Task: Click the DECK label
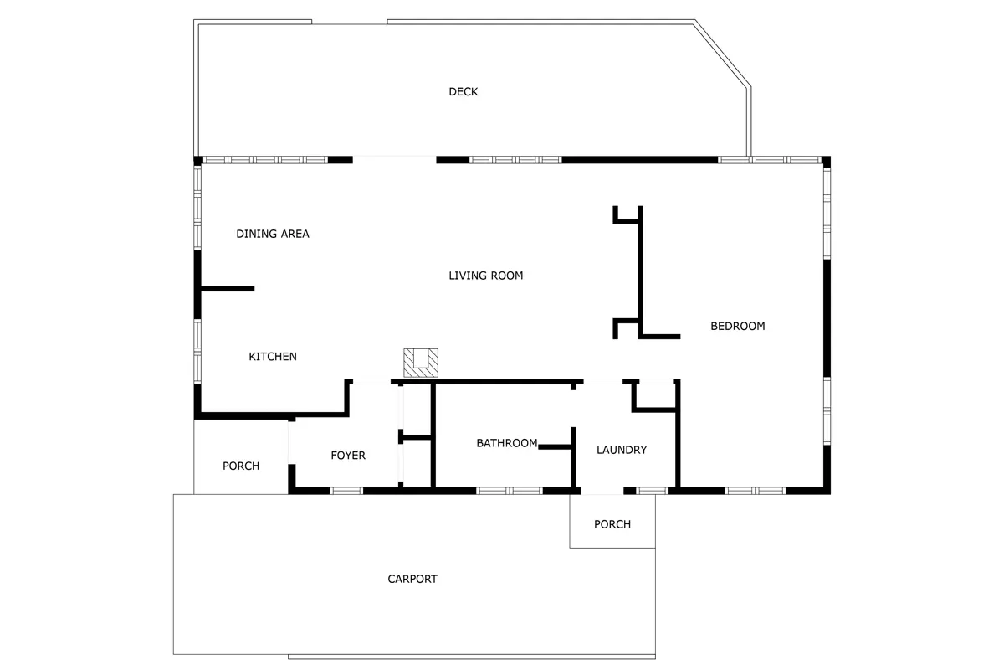pyautogui.click(x=463, y=91)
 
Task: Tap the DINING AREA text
pyautogui.click(x=273, y=234)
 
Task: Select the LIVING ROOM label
pyautogui.click(x=486, y=276)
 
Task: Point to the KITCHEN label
pyautogui.click(x=273, y=356)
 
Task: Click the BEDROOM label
pyautogui.click(x=738, y=327)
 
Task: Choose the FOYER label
pyautogui.click(x=348, y=456)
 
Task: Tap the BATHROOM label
pyautogui.click(x=507, y=443)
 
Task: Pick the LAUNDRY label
pyautogui.click(x=622, y=450)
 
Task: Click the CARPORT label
pyautogui.click(x=412, y=579)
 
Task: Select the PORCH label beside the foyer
pyautogui.click(x=241, y=466)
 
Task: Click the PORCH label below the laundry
pyautogui.click(x=612, y=524)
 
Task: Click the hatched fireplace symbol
pyautogui.click(x=421, y=363)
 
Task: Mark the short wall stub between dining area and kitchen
pyautogui.click(x=228, y=289)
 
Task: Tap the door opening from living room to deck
pyautogui.click(x=394, y=160)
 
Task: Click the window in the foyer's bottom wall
pyautogui.click(x=346, y=491)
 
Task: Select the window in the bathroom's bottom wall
pyautogui.click(x=510, y=491)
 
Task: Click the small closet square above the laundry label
pyautogui.click(x=655, y=395)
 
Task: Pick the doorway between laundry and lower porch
pyautogui.click(x=602, y=491)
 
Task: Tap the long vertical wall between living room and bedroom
pyautogui.click(x=641, y=271)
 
